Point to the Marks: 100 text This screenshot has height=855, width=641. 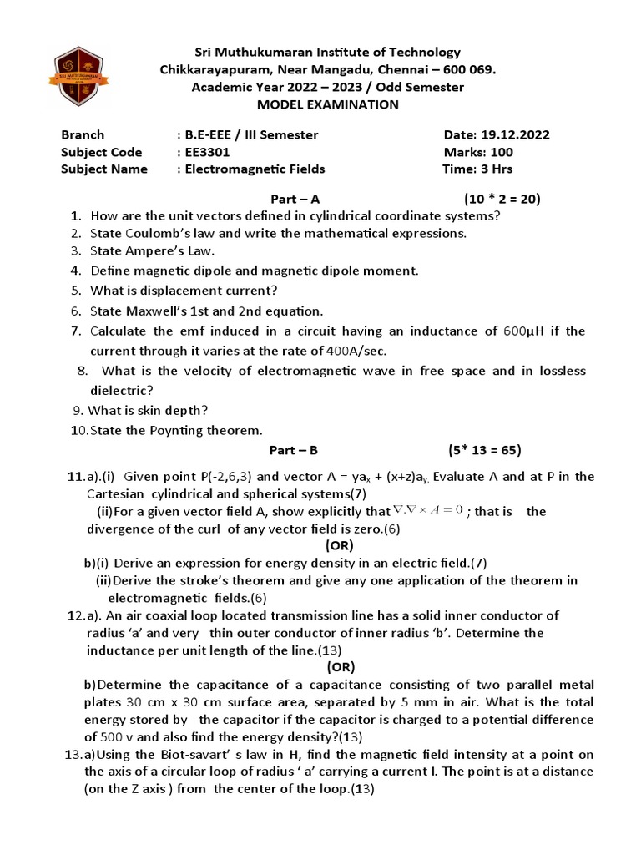coord(478,152)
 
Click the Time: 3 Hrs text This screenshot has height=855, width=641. coord(477,169)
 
